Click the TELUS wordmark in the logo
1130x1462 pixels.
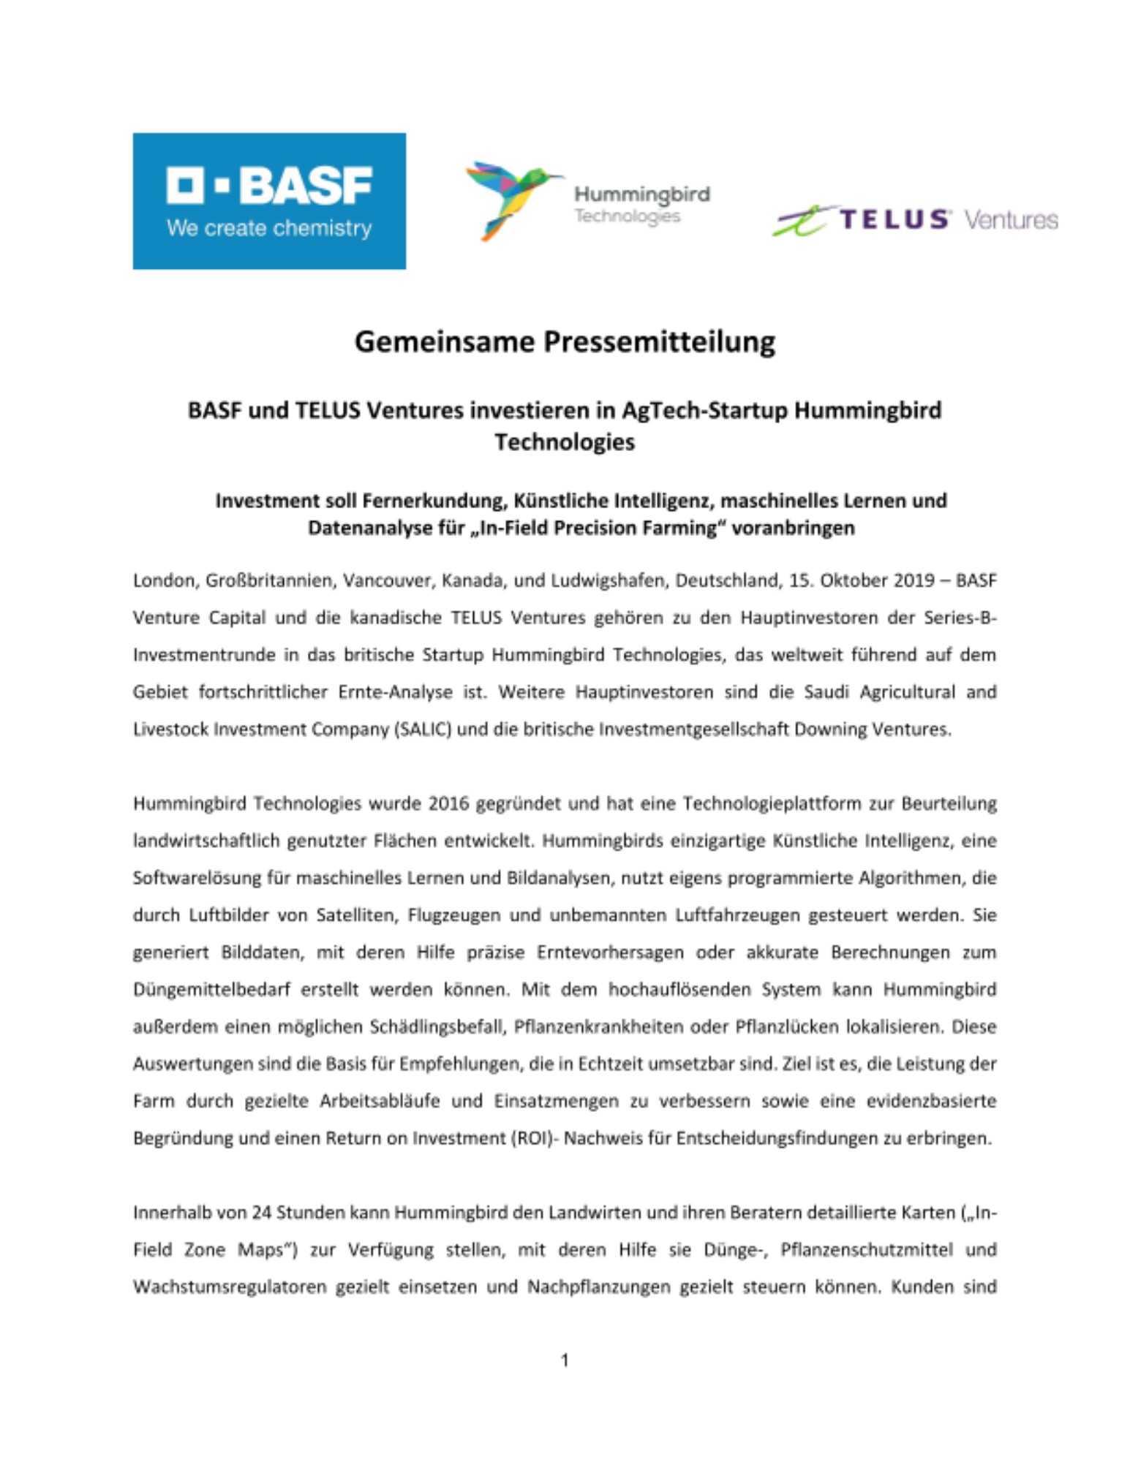[894, 219]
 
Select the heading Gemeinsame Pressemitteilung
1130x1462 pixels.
[565, 342]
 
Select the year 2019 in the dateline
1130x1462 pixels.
[914, 580]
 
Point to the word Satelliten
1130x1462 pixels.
[356, 915]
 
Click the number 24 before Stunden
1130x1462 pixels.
[262, 1213]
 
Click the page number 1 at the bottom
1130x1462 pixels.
[565, 1360]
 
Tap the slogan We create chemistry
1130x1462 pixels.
[269, 228]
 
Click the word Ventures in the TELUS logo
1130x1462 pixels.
[1011, 219]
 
